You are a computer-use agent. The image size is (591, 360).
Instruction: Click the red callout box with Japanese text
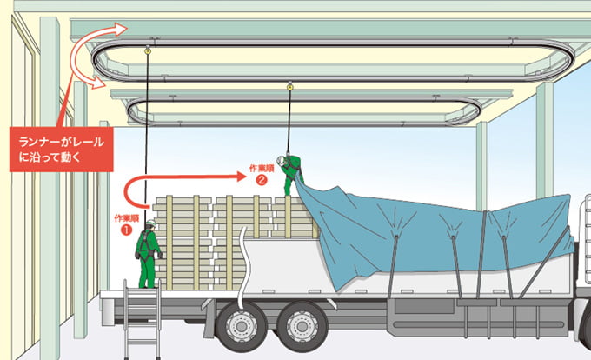(x=62, y=150)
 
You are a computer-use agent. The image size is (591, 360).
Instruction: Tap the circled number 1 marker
(x=126, y=230)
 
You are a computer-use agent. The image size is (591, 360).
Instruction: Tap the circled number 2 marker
(x=262, y=180)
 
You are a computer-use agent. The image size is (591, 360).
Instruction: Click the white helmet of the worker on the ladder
(x=150, y=223)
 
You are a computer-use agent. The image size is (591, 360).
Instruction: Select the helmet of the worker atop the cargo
(x=281, y=160)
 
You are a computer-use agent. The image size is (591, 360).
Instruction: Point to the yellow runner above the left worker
(x=148, y=49)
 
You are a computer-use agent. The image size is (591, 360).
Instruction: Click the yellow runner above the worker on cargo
(x=289, y=87)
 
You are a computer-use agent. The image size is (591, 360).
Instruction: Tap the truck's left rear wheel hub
(x=240, y=325)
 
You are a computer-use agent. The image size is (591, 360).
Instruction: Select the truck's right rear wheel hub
(x=302, y=325)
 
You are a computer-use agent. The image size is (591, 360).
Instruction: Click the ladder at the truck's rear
(x=142, y=318)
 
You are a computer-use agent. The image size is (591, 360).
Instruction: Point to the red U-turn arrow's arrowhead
(x=241, y=176)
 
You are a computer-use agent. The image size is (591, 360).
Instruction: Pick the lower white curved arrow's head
(x=99, y=83)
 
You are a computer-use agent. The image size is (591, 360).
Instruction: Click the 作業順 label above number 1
(x=127, y=218)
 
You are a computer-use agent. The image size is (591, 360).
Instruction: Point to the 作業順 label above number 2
(x=262, y=168)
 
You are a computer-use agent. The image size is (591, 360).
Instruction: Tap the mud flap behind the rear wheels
(x=209, y=318)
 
